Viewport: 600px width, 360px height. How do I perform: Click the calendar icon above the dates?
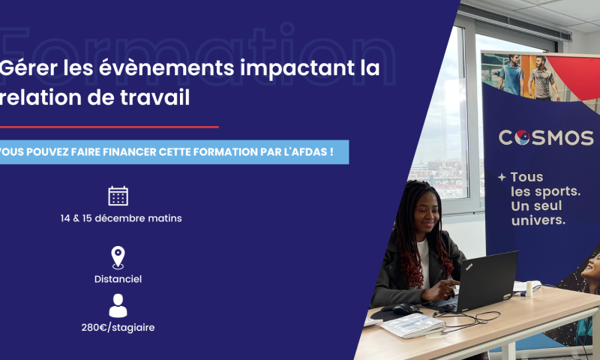[118, 196]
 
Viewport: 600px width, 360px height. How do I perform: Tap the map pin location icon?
[118, 257]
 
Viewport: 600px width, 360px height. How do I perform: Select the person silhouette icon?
[118, 306]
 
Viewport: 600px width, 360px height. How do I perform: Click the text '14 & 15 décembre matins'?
[121, 218]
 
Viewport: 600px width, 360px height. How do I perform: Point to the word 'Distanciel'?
[118, 279]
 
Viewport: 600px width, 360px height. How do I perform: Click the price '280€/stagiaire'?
[118, 328]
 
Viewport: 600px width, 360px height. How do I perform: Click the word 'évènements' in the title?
[166, 68]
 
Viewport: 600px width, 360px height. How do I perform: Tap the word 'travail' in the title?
[155, 97]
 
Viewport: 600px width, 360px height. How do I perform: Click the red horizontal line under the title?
[109, 127]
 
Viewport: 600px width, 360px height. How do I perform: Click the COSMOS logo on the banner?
[546, 138]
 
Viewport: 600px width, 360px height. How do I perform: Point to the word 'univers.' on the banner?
[538, 220]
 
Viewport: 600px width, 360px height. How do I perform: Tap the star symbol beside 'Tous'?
[502, 177]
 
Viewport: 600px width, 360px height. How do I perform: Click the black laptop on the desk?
[476, 282]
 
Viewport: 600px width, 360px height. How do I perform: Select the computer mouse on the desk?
[405, 309]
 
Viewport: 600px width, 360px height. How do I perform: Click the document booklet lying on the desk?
[413, 325]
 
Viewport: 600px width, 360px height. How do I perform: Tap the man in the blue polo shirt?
[511, 75]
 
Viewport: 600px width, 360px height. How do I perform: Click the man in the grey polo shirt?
[542, 79]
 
